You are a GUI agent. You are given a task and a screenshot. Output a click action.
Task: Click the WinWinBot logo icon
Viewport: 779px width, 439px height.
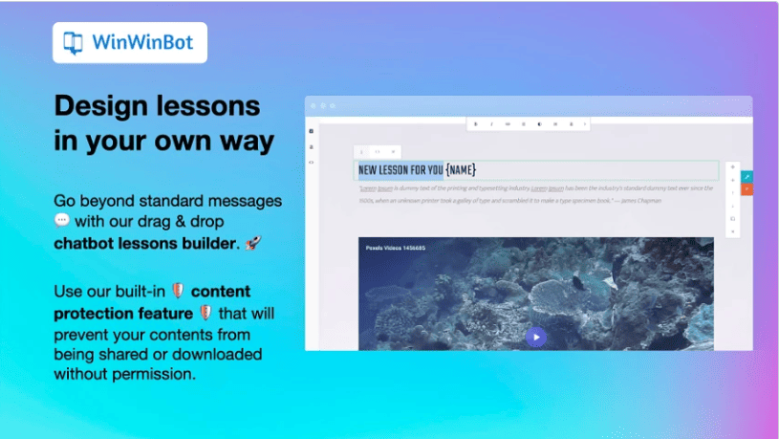point(73,43)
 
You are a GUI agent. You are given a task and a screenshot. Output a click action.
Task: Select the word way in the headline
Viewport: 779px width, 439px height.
point(244,141)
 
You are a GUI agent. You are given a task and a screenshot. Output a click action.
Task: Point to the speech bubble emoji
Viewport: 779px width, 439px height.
point(62,221)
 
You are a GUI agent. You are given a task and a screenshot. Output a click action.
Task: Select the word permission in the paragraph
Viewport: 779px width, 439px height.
point(151,374)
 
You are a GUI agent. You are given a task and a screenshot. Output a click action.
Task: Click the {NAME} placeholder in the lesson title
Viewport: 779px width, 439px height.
point(461,170)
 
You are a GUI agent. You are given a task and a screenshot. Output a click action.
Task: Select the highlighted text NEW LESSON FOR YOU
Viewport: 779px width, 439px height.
point(400,170)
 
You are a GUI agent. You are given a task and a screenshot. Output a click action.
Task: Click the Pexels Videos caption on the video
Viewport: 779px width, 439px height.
point(395,249)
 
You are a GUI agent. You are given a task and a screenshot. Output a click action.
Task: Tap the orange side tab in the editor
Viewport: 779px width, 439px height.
point(747,189)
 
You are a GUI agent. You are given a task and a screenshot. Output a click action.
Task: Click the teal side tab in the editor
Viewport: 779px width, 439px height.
point(747,177)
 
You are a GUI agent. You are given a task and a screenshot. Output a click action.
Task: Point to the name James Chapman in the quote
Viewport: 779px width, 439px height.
point(638,201)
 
